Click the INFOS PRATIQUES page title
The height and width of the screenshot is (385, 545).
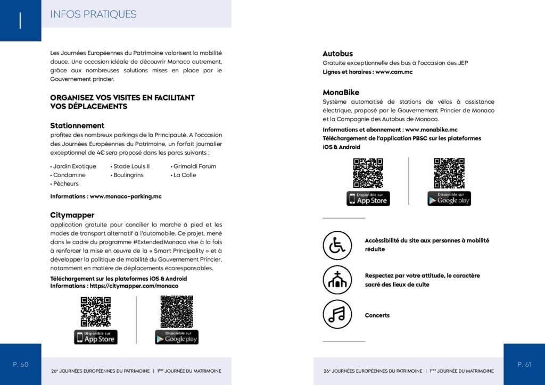tap(93, 14)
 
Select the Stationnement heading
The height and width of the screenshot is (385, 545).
tap(77, 126)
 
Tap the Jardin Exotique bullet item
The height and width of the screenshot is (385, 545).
tap(75, 166)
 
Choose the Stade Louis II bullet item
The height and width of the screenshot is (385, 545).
tap(131, 166)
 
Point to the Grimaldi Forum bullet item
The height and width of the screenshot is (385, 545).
tap(194, 166)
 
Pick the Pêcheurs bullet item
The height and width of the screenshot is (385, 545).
tap(65, 184)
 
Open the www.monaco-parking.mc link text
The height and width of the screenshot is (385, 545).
tap(126, 196)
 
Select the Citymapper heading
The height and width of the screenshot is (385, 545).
tap(72, 215)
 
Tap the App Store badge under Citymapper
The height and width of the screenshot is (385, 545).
tap(96, 337)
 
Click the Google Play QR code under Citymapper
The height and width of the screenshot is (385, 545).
tap(177, 312)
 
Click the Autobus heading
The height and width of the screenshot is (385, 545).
tap(337, 54)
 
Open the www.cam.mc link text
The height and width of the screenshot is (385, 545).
tap(394, 72)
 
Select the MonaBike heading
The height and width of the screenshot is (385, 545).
tap(341, 93)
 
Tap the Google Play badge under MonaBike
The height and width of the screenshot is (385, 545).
tap(449, 198)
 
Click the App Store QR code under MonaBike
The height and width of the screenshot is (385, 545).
tap(368, 173)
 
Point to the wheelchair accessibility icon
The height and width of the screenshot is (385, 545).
tap(337, 245)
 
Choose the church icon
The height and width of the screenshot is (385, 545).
tap(337, 280)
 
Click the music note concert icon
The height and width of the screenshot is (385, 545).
tap(337, 315)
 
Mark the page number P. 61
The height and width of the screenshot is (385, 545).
tap(524, 364)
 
